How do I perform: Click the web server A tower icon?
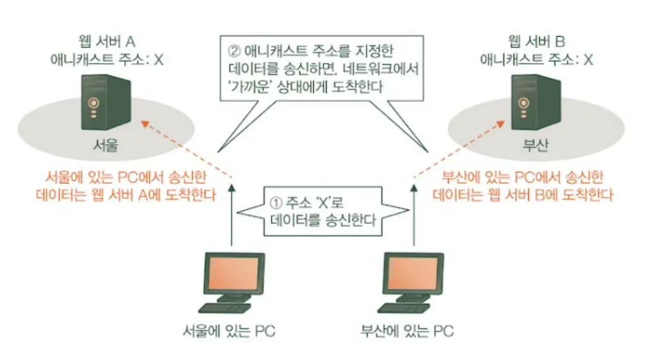coord(106,102)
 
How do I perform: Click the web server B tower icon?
coord(536,102)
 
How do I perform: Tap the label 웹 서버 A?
coord(106,42)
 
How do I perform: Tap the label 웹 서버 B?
coord(536,42)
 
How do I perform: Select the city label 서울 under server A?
coord(106,145)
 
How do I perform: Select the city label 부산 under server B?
coord(536,145)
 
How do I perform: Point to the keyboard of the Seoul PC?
coord(224,308)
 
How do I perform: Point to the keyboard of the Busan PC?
coord(403,308)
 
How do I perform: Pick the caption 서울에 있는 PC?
coord(229,332)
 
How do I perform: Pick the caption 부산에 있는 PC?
coord(407,332)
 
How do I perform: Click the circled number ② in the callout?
coord(234,51)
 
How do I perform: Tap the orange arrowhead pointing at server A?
coord(145,123)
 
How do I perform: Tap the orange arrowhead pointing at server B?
coord(500,124)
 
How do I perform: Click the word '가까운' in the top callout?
coord(250,87)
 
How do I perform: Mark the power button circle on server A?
coord(94,103)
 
